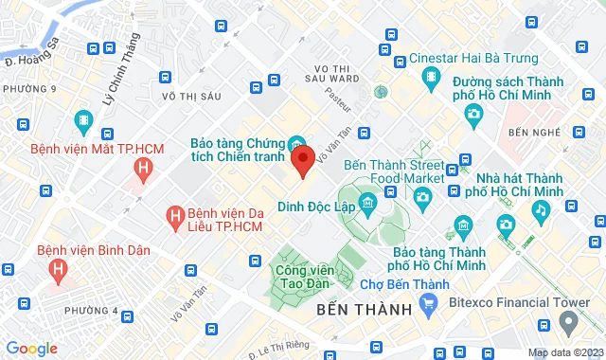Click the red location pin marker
(x=302, y=161)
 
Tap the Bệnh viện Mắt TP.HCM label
(x=83, y=149)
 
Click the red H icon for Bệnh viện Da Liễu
(x=174, y=218)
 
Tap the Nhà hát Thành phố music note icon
(x=540, y=208)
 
